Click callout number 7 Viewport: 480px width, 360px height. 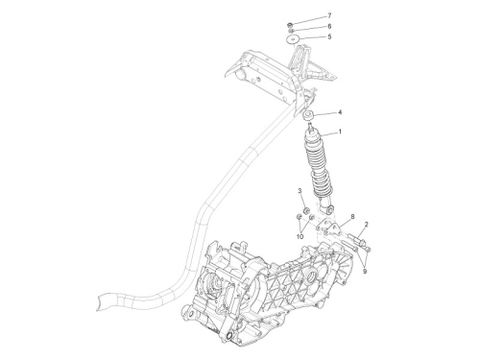[x=329, y=15]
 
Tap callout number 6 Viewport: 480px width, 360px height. [x=329, y=26]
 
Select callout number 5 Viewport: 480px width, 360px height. [x=329, y=36]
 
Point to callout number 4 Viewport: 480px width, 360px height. [x=340, y=112]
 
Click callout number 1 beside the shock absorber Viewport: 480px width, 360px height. [x=340, y=132]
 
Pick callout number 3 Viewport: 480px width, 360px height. [x=300, y=191]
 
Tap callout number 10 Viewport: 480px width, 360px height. [x=300, y=237]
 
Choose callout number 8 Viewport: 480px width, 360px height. [x=352, y=217]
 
